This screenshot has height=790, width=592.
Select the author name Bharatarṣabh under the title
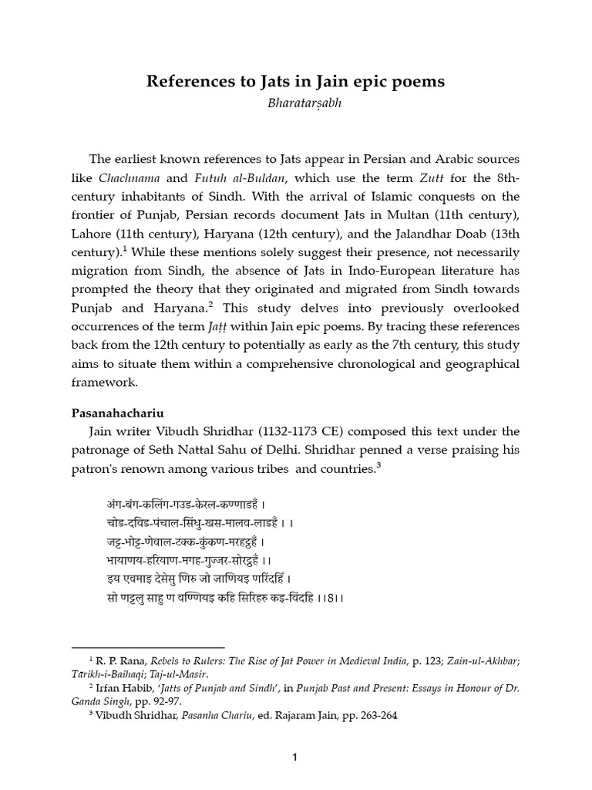(x=297, y=103)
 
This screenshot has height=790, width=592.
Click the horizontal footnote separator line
(x=147, y=647)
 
